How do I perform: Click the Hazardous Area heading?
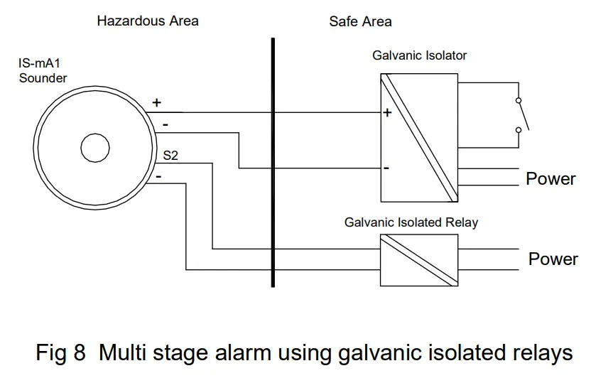148,21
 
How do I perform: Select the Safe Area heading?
360,21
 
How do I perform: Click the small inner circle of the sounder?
95,148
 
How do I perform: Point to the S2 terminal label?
171,155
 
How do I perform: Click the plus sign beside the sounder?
157,103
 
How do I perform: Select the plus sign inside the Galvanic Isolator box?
388,113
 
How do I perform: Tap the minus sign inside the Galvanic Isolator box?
386,168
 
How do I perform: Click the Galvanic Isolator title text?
419,55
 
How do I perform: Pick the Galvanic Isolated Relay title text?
411,222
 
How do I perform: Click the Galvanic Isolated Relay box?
418,260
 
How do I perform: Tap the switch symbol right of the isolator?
521,114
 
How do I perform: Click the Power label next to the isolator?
551,178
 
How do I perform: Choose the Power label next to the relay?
553,259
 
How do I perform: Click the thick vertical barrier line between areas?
272,163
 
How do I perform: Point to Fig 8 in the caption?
60,352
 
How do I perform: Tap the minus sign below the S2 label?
159,175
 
